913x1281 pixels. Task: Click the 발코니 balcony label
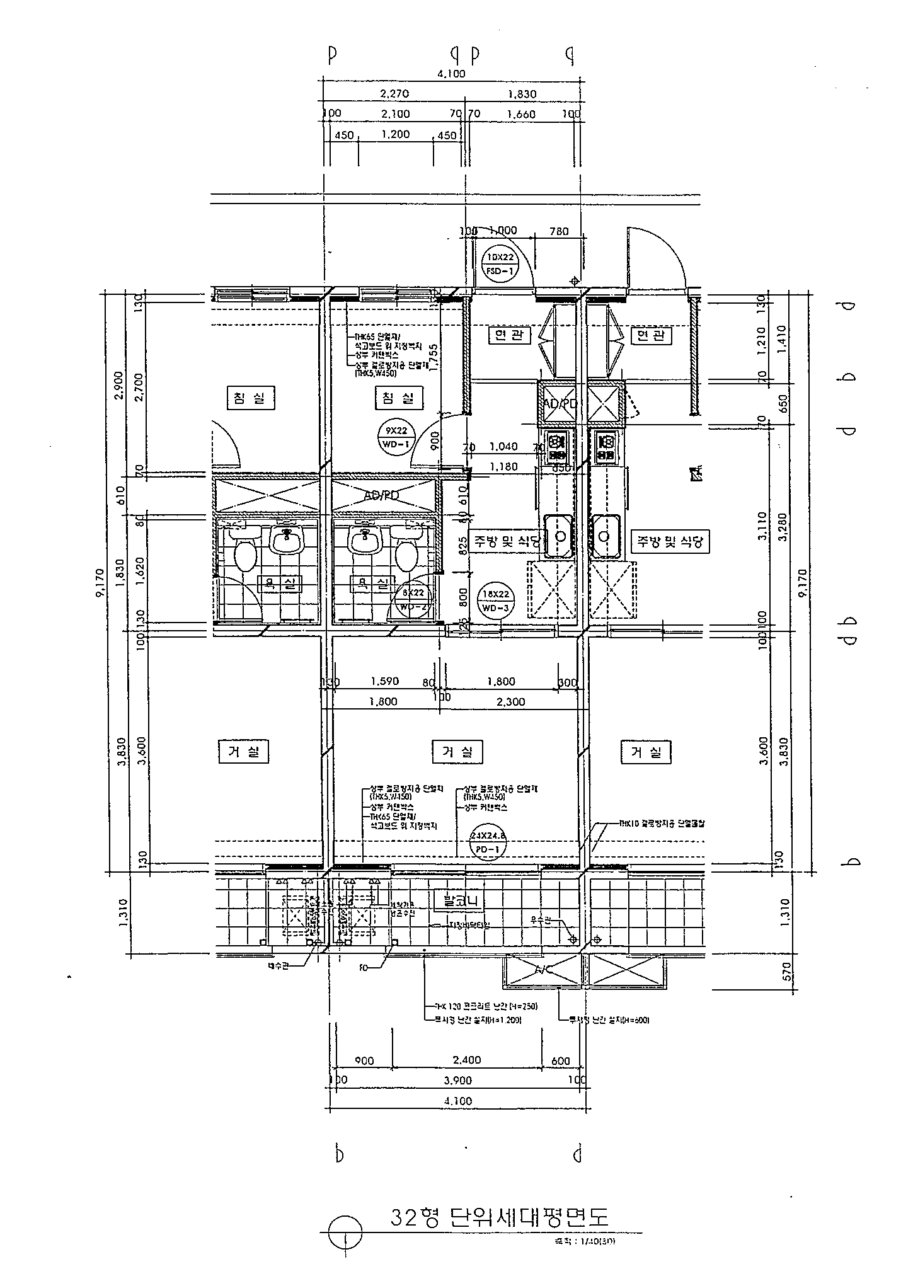[x=458, y=900]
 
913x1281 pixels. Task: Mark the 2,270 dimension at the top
[x=394, y=94]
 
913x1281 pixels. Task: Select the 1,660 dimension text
[x=520, y=114]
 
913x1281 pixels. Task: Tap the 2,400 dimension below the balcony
[x=467, y=1060]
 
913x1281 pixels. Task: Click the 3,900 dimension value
[x=457, y=1080]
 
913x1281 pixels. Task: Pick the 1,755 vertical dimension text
[x=434, y=357]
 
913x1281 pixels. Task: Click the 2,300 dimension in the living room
[x=510, y=701]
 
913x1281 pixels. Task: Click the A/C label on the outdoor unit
[x=542, y=970]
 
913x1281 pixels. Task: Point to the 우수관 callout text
[x=543, y=921]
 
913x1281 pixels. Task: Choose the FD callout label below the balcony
[x=364, y=966]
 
